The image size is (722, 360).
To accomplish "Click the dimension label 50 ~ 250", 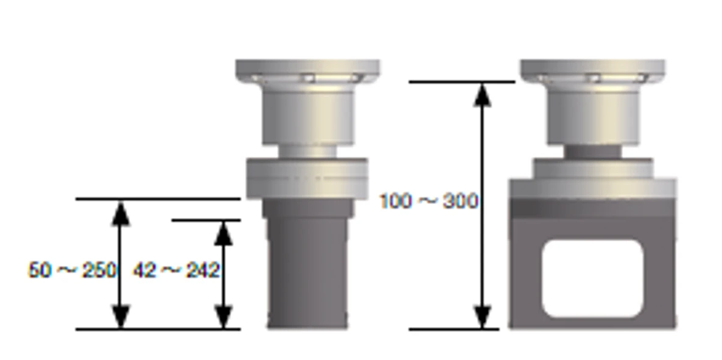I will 72,270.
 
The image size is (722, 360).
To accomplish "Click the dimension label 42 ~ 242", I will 176,270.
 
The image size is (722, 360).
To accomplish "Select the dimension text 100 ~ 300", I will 429,201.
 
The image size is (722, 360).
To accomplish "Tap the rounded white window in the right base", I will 592,278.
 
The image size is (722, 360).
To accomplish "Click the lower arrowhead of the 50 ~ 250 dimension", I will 121,317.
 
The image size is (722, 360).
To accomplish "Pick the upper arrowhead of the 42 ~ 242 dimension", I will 224,233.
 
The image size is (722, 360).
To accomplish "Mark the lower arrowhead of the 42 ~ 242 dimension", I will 224,317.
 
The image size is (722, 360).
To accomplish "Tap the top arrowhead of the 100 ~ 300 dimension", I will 483,95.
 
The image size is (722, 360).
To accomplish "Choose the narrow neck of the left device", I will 307,151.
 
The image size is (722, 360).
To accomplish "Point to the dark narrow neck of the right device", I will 592,151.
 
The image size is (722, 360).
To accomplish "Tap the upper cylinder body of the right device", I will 592,116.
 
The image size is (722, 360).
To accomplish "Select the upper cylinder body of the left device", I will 307,116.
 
